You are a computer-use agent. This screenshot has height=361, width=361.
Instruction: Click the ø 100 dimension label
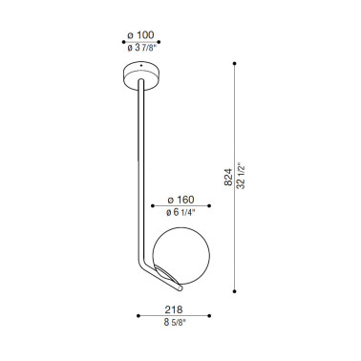point(140,35)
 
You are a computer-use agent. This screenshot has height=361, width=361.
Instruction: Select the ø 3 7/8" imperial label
point(142,48)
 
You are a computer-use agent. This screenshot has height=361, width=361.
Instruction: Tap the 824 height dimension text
point(228,177)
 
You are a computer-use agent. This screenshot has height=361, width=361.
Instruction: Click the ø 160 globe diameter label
point(180,200)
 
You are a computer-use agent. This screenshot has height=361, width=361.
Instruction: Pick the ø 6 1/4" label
point(180,212)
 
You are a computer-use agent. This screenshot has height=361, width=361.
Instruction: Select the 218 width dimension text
point(174,309)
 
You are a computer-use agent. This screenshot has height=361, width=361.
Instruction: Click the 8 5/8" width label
point(175,322)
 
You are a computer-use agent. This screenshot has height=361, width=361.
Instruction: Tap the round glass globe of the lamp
point(181,258)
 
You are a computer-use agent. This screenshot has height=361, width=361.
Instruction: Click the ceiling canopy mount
point(141,75)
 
